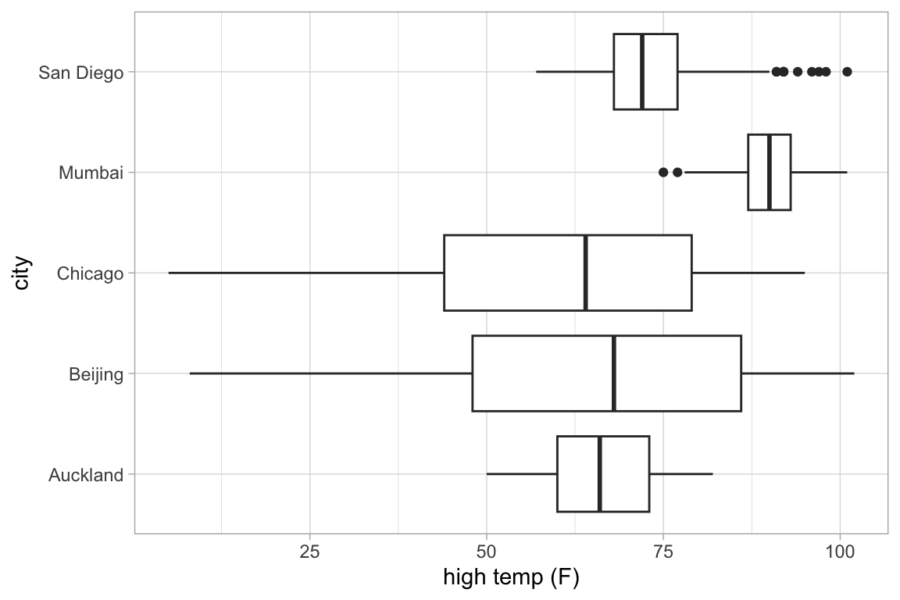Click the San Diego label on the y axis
(x=81, y=73)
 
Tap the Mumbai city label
(x=91, y=173)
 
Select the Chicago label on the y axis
(x=90, y=274)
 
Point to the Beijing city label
(x=96, y=375)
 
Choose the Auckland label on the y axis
(x=86, y=475)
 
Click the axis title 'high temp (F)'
(x=511, y=579)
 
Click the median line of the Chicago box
(x=585, y=273)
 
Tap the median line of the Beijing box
(x=614, y=373)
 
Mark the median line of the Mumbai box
(x=770, y=172)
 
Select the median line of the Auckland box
(x=599, y=474)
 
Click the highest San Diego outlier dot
(x=847, y=72)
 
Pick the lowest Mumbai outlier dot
(x=663, y=172)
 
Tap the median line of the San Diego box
(x=642, y=72)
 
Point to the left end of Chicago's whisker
(x=169, y=273)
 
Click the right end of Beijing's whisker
(x=854, y=373)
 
